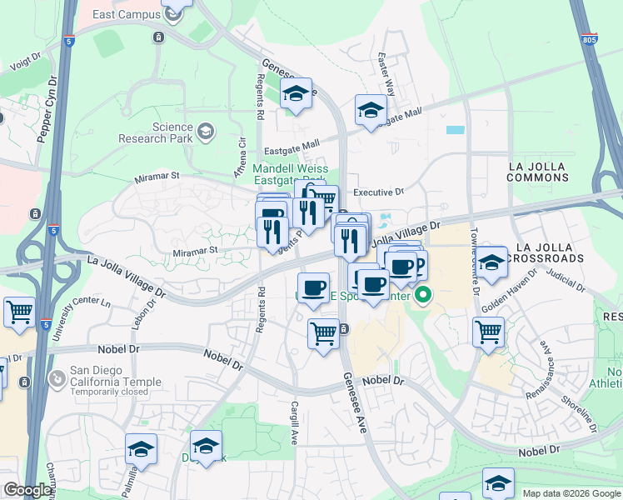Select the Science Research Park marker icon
tap(205, 132)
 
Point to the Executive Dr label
tap(378, 192)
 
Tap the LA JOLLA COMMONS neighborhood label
tap(538, 172)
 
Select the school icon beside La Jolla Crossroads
tap(491, 261)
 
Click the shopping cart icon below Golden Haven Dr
tap(488, 332)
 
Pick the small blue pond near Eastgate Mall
tap(456, 130)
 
